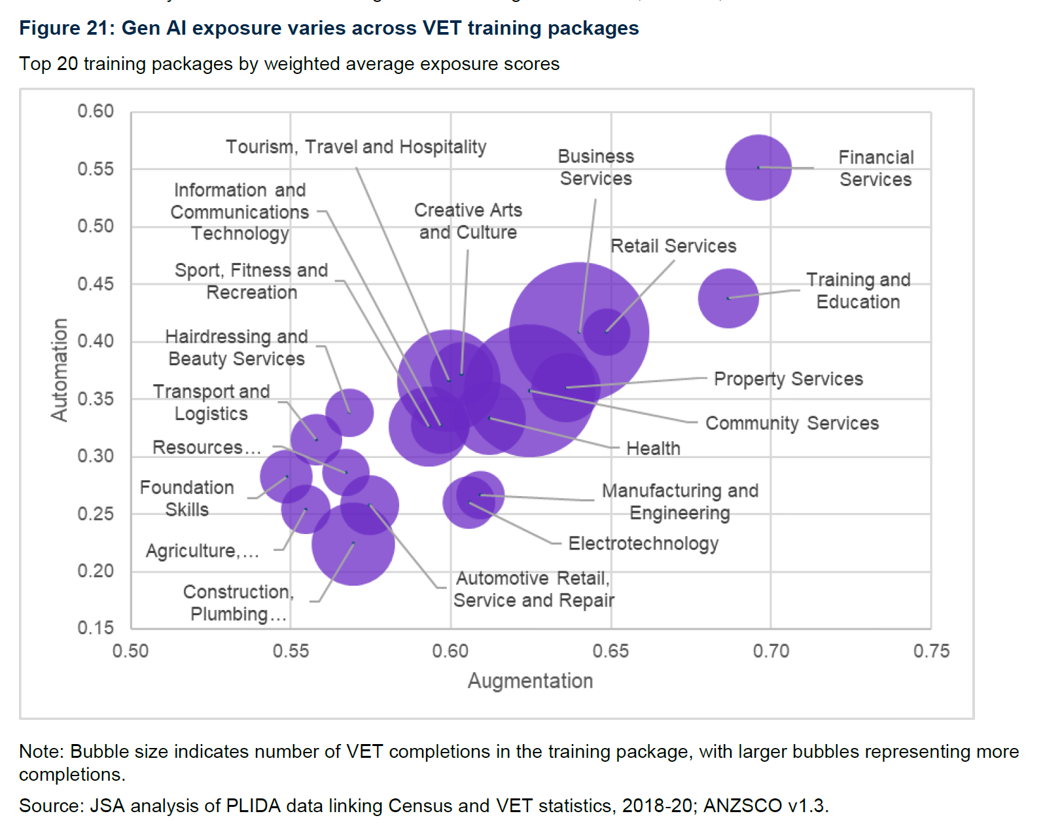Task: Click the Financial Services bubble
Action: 758,168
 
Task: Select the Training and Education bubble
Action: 728,298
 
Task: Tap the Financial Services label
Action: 875,168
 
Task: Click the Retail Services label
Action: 673,246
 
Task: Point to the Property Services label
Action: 788,379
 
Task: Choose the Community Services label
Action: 792,423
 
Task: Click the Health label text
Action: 653,448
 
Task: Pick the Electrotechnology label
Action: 643,543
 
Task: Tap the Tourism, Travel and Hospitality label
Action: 356,147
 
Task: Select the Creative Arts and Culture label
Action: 468,221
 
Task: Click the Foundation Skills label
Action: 186,499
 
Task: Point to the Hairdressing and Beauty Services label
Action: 236,347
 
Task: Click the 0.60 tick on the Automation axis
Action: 96,111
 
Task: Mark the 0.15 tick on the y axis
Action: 96,628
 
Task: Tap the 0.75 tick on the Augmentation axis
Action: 930,651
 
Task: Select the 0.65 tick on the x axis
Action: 610,651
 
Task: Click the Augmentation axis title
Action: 530,681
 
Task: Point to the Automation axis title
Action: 60,370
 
